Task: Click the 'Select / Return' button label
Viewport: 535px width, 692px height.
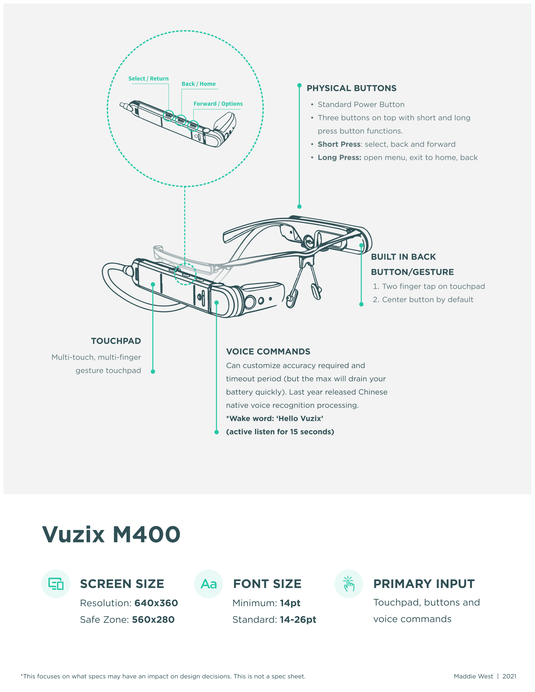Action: click(x=148, y=79)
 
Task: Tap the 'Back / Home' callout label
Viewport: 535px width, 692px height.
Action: click(x=198, y=84)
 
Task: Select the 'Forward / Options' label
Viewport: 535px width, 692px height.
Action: click(x=218, y=104)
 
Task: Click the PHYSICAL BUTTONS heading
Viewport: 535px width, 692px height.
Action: click(x=351, y=88)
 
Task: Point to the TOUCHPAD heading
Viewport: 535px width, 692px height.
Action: click(x=116, y=341)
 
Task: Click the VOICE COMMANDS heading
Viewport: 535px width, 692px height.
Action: click(x=268, y=351)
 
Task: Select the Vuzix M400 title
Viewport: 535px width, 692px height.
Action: click(x=111, y=535)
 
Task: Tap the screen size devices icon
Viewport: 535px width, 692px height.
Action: click(x=56, y=584)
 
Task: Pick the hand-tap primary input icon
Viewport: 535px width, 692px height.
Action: click(x=349, y=584)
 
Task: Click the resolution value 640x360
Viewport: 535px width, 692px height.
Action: click(x=156, y=603)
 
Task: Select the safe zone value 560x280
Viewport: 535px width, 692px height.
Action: click(x=153, y=619)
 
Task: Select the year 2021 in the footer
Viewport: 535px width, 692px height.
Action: click(x=509, y=676)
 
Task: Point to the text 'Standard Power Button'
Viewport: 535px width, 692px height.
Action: click(x=361, y=105)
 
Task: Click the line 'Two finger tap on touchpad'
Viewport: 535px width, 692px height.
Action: click(x=433, y=286)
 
